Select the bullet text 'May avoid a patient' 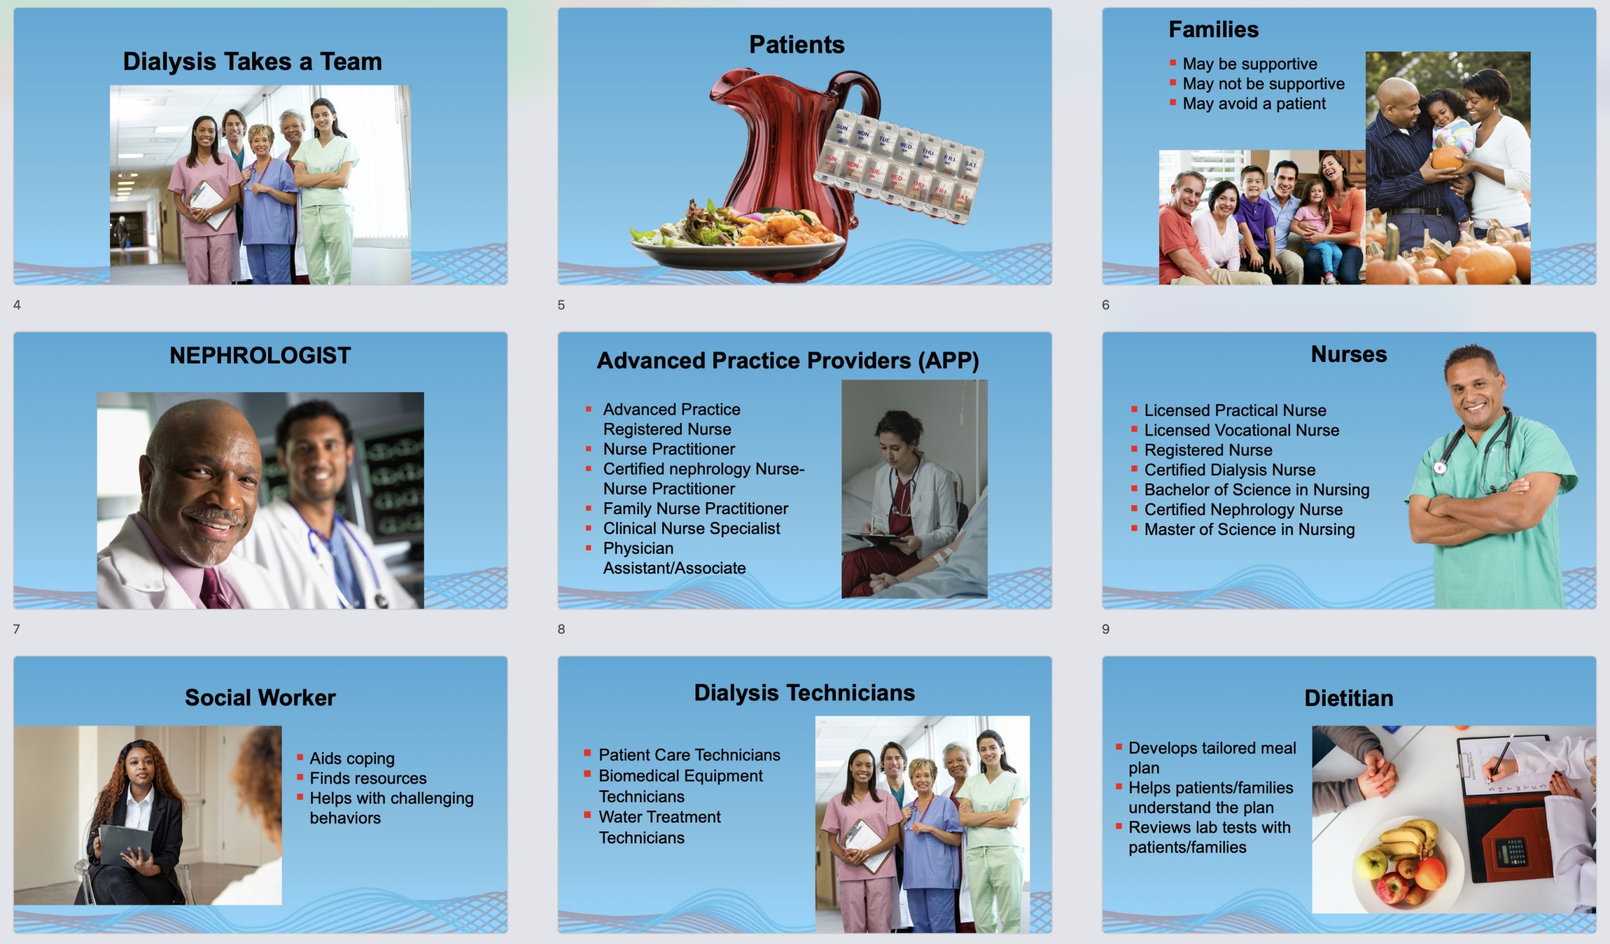[1253, 104]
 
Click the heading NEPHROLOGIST [260, 356]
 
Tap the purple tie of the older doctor [214, 588]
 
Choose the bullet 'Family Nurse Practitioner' [695, 509]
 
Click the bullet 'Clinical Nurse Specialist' [691, 529]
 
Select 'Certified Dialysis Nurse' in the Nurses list [1230, 469]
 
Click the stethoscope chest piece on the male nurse [1440, 468]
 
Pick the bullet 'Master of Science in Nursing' [1249, 529]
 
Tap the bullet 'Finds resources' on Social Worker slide [368, 778]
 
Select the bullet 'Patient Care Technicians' [689, 755]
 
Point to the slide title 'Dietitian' [1348, 698]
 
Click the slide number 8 [561, 629]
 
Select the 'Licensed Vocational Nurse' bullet [1241, 430]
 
